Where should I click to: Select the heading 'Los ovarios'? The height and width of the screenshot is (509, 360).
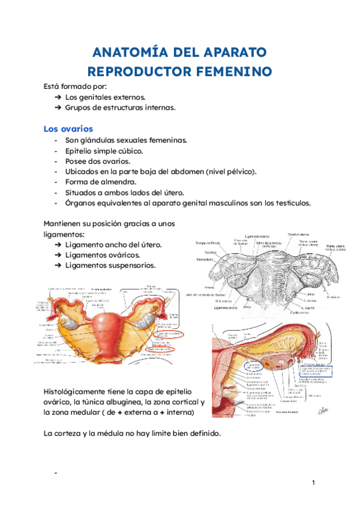(68, 128)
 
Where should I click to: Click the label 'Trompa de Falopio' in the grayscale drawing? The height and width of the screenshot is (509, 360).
(208, 243)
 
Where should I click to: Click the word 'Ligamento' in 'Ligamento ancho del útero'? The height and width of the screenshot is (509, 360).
(85, 245)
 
